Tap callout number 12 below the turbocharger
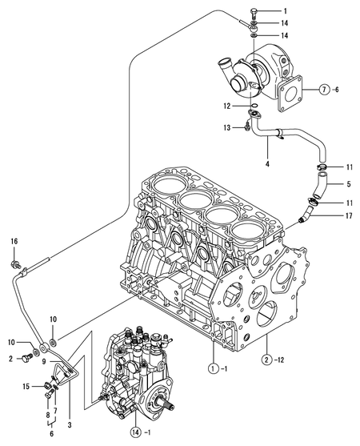click(x=227, y=105)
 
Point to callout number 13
click(x=227, y=127)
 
